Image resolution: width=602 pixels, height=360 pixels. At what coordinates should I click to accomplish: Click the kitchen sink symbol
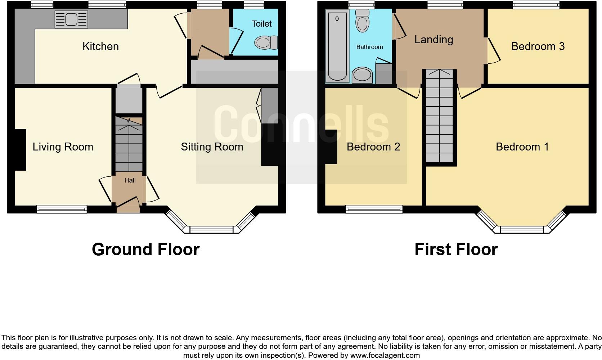[71, 19]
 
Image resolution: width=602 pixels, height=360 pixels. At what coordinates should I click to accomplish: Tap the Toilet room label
[261, 24]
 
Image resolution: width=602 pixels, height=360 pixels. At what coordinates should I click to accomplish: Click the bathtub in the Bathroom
[337, 46]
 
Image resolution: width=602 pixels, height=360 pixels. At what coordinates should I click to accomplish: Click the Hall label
[130, 180]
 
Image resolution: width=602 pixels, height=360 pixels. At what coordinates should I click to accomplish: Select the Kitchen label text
[100, 46]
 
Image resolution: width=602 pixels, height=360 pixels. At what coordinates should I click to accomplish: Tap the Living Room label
[63, 147]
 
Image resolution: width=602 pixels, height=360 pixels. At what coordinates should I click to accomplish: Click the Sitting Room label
[212, 147]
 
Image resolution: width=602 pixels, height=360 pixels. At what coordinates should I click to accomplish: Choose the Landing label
[433, 40]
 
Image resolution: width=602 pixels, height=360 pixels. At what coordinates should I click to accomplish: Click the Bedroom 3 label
[538, 46]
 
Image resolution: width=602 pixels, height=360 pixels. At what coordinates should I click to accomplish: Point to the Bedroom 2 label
[373, 147]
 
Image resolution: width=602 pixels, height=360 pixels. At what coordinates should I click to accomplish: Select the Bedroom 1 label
[522, 147]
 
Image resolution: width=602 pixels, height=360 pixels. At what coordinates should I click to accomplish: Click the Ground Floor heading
[145, 249]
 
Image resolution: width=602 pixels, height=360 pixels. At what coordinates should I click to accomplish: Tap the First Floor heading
[456, 249]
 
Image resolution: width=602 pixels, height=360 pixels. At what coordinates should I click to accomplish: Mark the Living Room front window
[62, 209]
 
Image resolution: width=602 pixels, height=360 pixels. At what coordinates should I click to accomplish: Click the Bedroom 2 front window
[374, 209]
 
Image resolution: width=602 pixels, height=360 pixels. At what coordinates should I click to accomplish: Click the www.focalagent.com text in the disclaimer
[385, 356]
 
